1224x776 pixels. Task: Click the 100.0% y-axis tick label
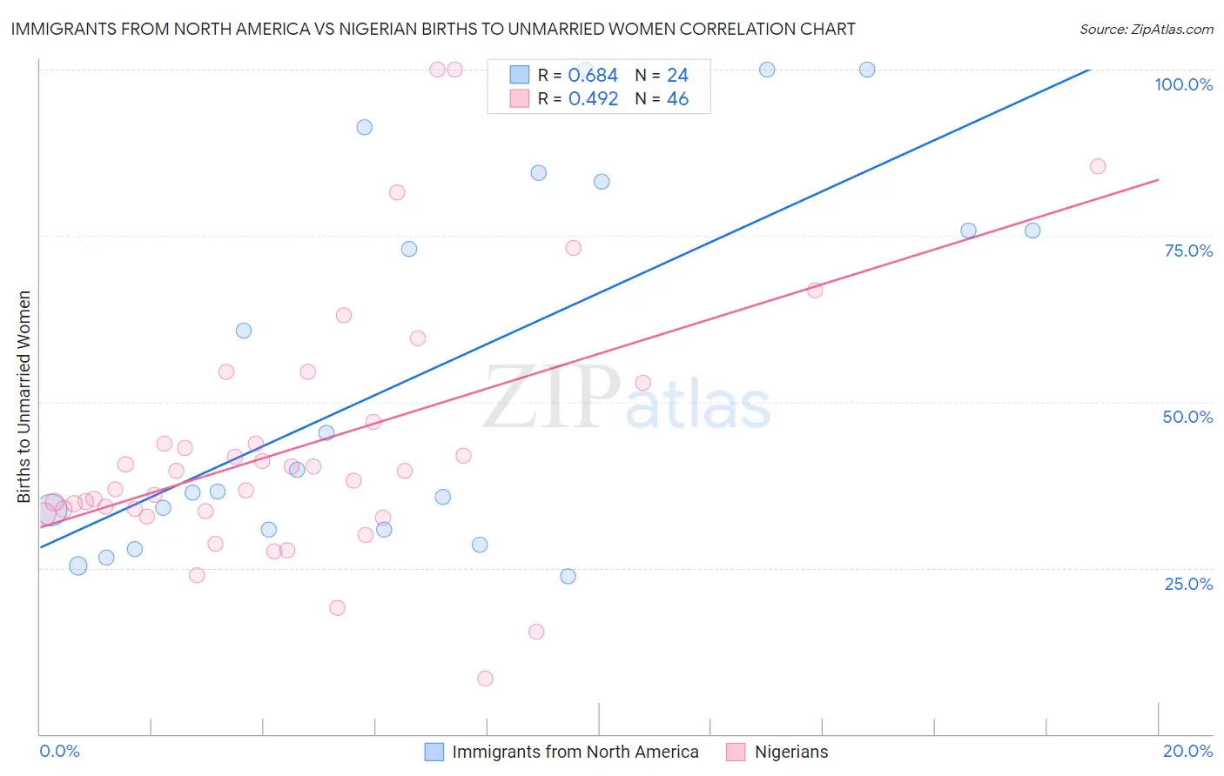pos(1183,84)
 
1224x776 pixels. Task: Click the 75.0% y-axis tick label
pos(1188,251)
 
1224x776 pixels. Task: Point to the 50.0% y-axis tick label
pos(1187,417)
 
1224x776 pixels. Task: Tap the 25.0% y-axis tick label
pos(1188,584)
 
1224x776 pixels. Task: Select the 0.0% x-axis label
pos(59,751)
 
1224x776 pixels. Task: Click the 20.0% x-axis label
pos(1187,751)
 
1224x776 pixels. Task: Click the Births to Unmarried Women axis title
pos(24,397)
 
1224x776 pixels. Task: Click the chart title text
pos(433,29)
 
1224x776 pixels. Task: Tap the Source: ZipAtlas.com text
pos(1146,29)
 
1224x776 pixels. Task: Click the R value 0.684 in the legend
pos(593,76)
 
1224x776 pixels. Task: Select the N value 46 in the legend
pos(677,99)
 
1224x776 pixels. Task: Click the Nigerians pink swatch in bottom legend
pos(736,752)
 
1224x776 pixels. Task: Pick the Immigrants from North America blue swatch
pos(434,752)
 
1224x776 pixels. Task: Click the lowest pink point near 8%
pos(485,679)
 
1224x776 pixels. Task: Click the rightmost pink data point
pos(1098,166)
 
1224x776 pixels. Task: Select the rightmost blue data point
pos(1032,231)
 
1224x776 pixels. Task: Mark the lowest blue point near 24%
pos(568,576)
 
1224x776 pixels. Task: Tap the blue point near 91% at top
pos(365,127)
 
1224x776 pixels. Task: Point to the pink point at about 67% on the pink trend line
pos(815,291)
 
